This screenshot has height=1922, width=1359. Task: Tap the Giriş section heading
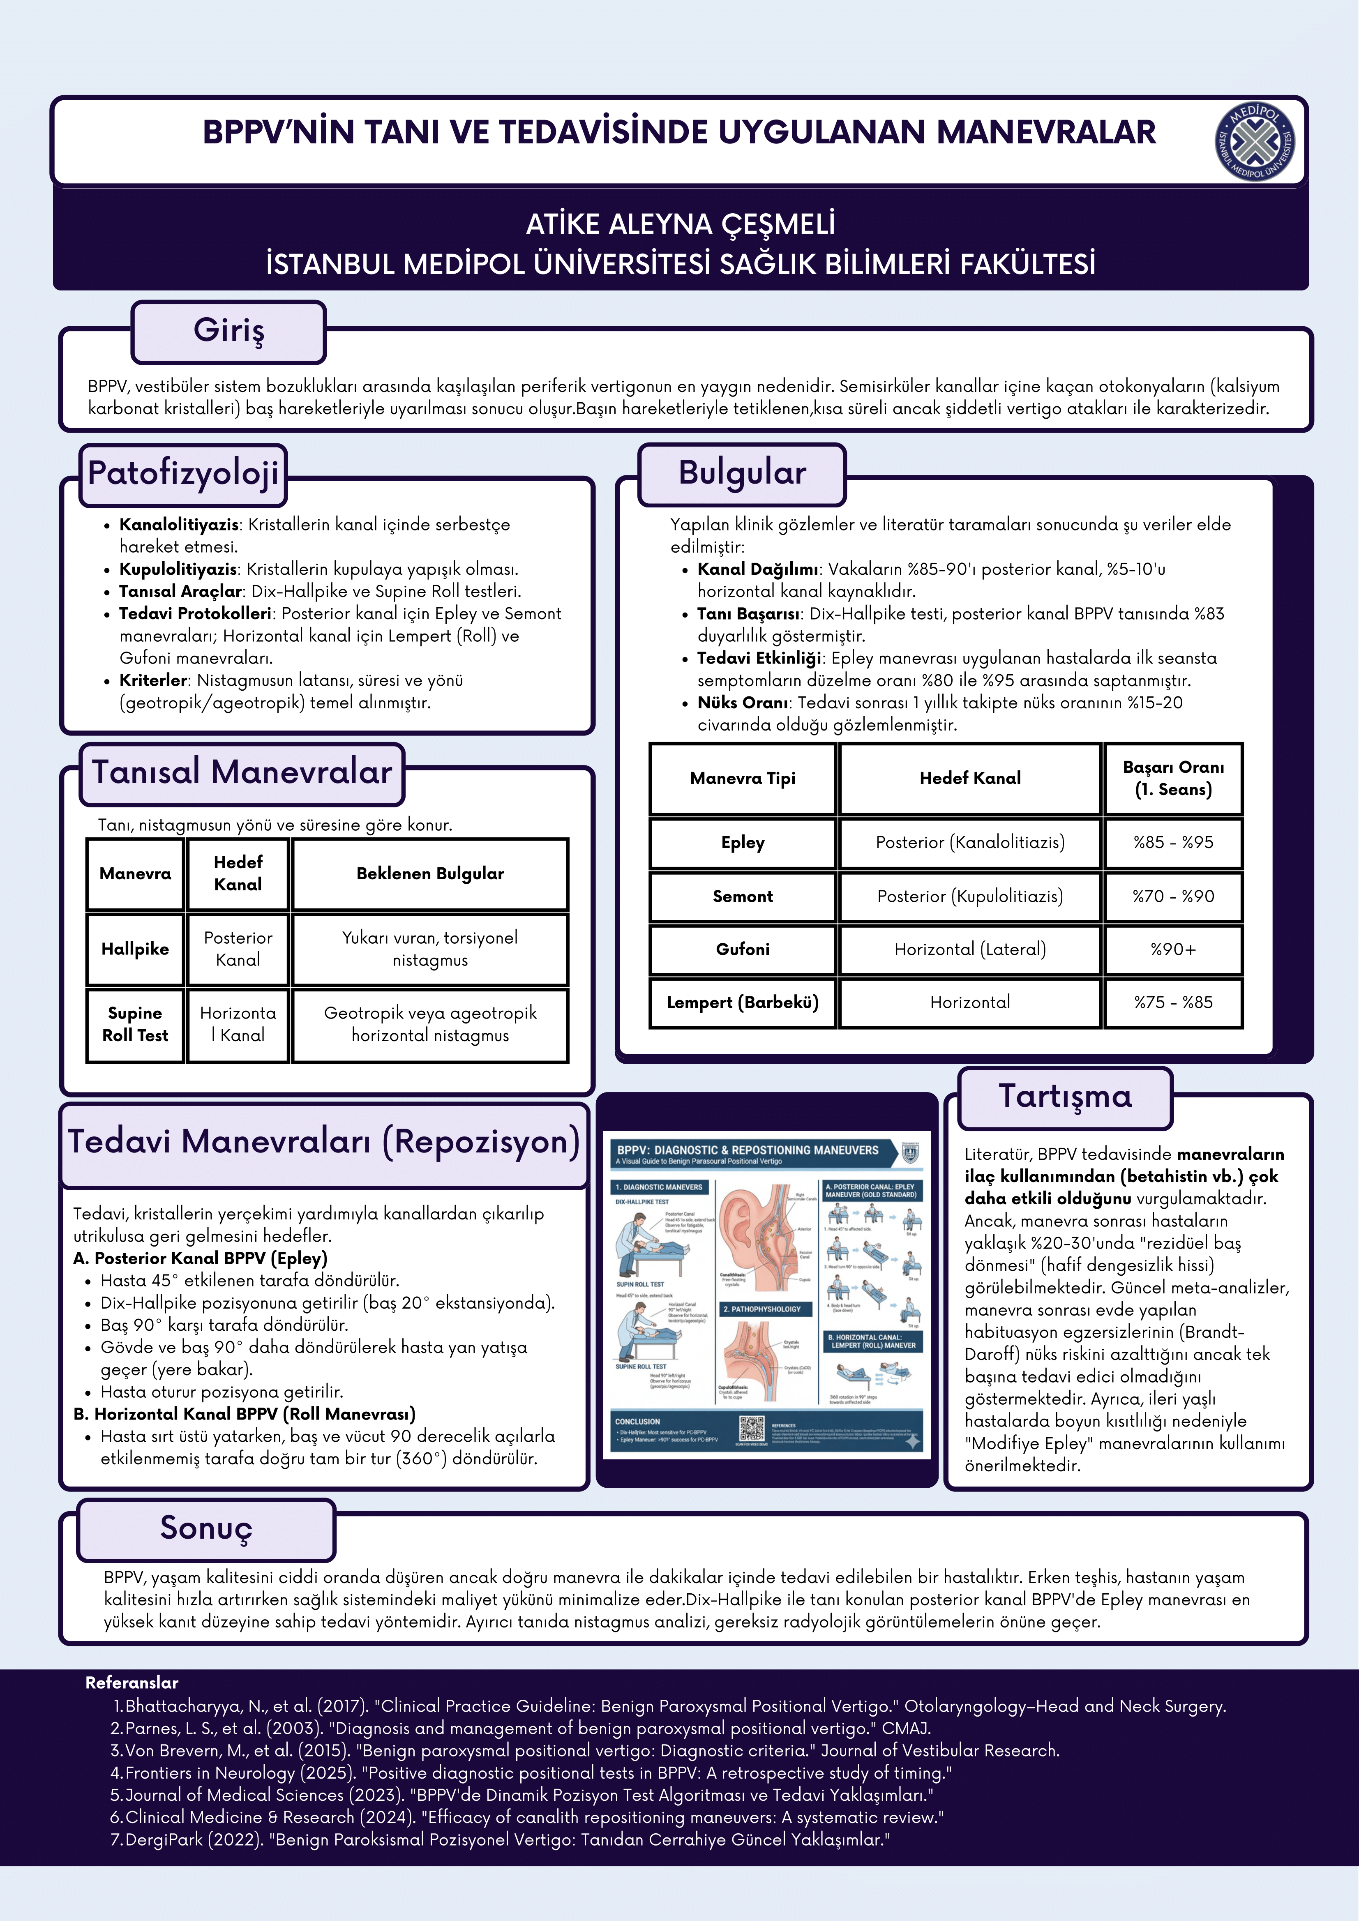pos(228,331)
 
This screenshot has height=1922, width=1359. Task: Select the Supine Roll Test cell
pos(135,1025)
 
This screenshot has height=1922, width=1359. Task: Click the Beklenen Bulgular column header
pos(430,874)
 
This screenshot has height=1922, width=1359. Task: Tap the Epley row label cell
pos(743,843)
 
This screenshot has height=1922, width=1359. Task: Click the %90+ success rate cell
pos(1173,949)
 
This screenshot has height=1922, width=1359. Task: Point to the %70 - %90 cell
pos(1173,896)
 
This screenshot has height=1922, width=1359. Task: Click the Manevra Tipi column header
pos(743,779)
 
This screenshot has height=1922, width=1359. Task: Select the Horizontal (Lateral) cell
pos(970,949)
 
